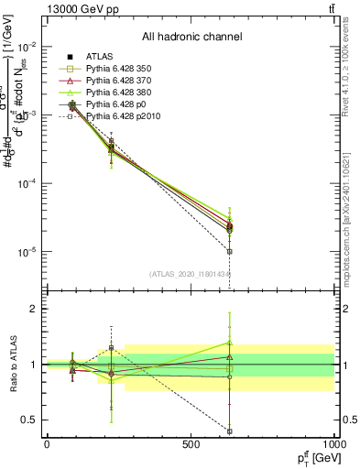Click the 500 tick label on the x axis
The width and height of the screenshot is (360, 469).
click(191, 444)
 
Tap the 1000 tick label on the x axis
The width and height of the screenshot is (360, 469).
click(333, 444)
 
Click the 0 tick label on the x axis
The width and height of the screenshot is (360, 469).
click(47, 444)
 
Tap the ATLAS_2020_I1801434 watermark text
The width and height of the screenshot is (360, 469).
click(191, 274)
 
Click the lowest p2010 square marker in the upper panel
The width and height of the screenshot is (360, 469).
click(230, 251)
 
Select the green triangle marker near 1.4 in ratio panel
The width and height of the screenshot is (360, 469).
click(230, 343)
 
